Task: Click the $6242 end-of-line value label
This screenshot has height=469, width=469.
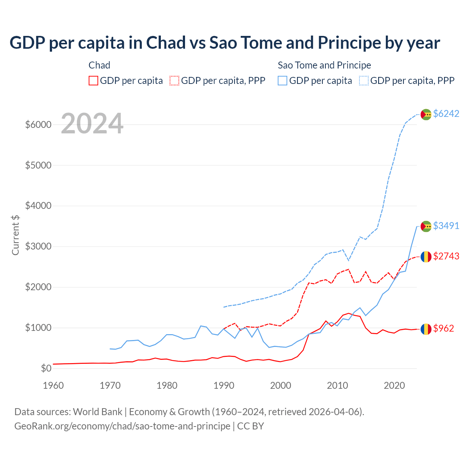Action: pos(446,114)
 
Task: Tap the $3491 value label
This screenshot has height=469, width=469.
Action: pos(446,226)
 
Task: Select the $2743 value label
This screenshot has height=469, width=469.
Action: pos(446,256)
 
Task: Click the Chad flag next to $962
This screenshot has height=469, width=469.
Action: pos(426,329)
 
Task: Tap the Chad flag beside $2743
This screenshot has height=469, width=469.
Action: pos(426,257)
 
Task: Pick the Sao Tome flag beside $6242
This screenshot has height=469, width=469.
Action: pos(426,114)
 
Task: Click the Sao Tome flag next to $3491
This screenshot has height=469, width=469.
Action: pos(426,226)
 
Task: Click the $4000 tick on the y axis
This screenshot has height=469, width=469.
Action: pos(38,206)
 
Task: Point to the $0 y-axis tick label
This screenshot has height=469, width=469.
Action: pos(46,368)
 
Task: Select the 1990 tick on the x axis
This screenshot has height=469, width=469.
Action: pos(224,385)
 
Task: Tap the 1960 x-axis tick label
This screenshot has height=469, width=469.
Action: pos(53,385)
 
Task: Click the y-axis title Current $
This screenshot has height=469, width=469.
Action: pos(15,235)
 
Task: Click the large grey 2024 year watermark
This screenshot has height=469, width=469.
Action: pos(92,124)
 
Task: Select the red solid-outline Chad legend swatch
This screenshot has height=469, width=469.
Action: pos(93,81)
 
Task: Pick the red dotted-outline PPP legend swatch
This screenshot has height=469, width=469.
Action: pos(174,81)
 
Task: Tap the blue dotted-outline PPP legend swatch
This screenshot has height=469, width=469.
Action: pos(364,81)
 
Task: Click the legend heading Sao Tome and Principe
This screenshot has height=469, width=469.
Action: pos(324,65)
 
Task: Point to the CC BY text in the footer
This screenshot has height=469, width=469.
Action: pos(251,426)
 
